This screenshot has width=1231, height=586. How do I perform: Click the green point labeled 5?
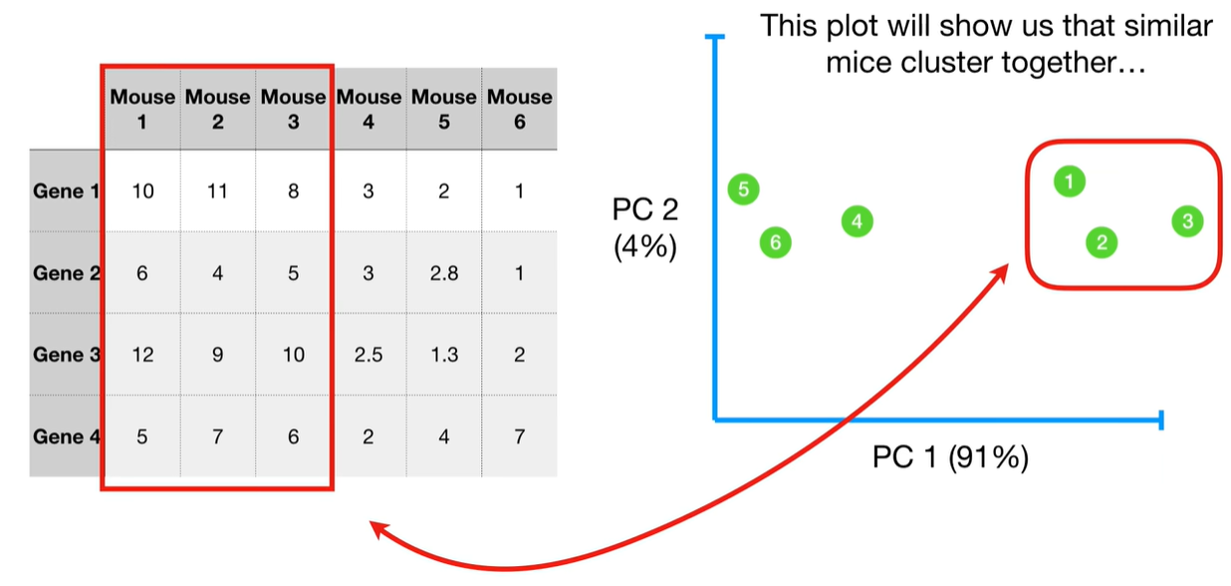(743, 188)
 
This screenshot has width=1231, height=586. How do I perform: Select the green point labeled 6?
(775, 242)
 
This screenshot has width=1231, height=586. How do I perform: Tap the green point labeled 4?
(857, 221)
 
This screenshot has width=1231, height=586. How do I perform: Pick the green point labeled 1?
(1069, 181)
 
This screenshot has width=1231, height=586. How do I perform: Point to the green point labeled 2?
(1102, 242)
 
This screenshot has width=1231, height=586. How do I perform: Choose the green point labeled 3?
(1186, 221)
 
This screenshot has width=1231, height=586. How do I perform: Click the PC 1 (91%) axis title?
(950, 457)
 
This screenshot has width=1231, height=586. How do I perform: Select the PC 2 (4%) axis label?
(645, 228)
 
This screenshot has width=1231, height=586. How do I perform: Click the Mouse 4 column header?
(369, 110)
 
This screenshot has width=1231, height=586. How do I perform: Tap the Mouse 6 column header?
(519, 110)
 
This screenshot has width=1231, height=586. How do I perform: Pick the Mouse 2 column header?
(218, 110)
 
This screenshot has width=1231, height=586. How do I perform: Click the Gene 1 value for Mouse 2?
(218, 191)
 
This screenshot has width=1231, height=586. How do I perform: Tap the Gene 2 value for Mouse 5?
(443, 273)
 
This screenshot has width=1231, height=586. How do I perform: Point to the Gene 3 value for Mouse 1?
(142, 355)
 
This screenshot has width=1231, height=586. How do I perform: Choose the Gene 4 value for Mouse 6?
(519, 437)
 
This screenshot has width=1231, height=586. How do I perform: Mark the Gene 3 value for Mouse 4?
(369, 355)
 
